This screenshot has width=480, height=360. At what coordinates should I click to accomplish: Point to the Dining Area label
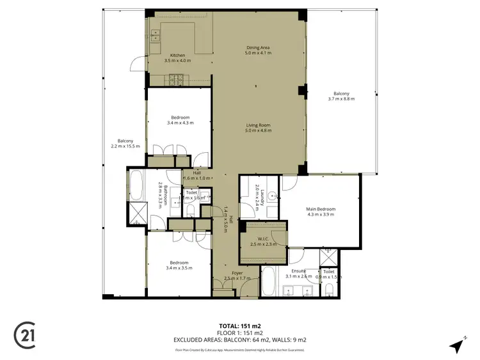coord(259,47)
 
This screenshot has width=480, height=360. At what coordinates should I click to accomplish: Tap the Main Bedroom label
coord(321,209)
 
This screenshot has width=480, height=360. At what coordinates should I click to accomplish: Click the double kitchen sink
coord(154,35)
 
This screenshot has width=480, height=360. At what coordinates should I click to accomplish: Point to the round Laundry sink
coord(271,197)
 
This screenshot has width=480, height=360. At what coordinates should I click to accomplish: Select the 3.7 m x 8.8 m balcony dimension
coord(341,99)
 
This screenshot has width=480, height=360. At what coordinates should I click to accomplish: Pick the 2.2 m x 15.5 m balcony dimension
coord(125,146)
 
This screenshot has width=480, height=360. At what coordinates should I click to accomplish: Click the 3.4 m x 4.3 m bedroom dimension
coord(179,123)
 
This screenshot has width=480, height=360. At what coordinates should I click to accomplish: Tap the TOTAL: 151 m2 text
coord(240,325)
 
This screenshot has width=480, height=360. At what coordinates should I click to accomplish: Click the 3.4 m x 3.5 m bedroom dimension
coord(179,268)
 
